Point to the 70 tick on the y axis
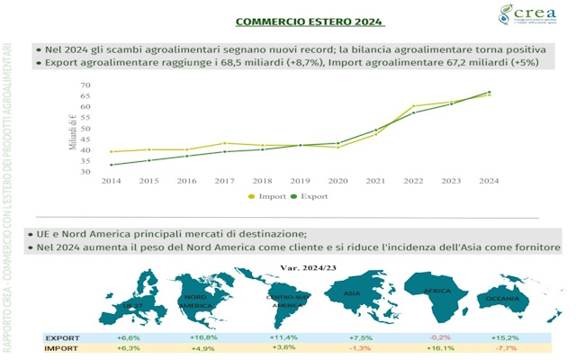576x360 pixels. pos(85,85)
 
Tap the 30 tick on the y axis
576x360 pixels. pos(85,171)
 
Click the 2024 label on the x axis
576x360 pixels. pos(489,181)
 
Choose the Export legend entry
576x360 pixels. pos(310,194)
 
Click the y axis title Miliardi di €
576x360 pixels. pos(73,129)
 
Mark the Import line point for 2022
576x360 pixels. pos(413,106)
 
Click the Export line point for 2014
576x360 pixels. pos(110,165)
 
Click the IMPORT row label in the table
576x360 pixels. pos(61,348)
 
